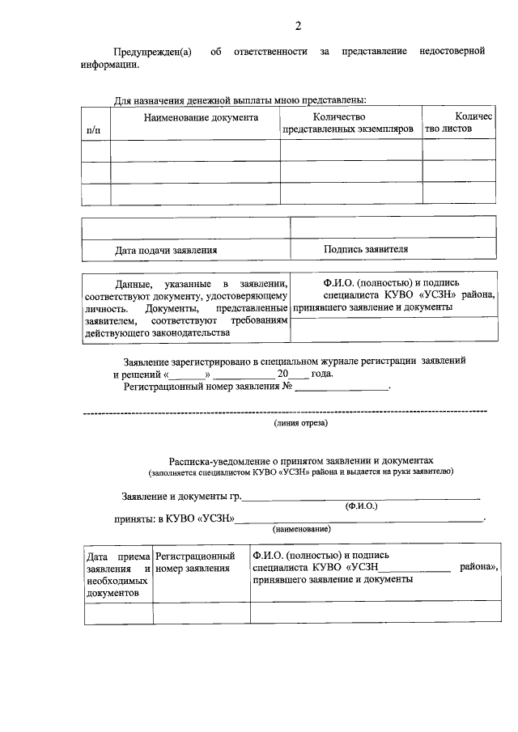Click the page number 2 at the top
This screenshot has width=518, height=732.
298,26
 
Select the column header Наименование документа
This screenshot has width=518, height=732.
201,118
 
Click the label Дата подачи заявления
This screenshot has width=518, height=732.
166,250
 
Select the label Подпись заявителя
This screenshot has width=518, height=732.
366,249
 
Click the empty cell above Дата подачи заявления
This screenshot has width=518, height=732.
186,229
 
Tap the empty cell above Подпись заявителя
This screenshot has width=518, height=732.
393,229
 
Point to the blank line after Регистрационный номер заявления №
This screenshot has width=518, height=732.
342,388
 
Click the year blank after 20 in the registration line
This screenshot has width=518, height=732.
299,375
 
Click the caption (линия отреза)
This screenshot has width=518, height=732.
300,423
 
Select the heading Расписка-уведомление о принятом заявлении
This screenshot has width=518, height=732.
301,458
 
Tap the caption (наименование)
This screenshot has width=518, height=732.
300,528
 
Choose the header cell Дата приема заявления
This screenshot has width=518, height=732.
118,574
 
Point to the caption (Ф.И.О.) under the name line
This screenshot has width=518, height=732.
361,506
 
